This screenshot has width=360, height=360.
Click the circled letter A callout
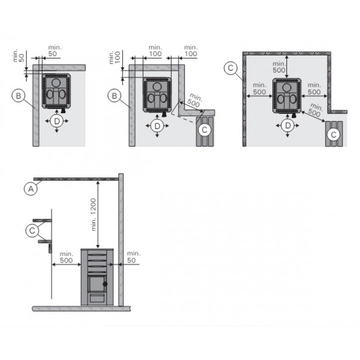point(30,188)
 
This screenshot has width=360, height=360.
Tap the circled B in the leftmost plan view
point(18,95)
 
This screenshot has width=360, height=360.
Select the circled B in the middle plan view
point(114,95)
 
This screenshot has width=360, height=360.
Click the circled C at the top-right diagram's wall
point(230,67)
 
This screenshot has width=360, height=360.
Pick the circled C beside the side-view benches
point(32,230)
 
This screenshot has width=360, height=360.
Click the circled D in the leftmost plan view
point(56,121)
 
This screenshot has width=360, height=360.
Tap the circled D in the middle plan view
point(157,126)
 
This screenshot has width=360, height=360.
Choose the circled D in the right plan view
point(287,125)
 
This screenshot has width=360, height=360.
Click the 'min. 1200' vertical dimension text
point(93,214)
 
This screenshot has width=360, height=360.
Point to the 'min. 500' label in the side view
point(66,257)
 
